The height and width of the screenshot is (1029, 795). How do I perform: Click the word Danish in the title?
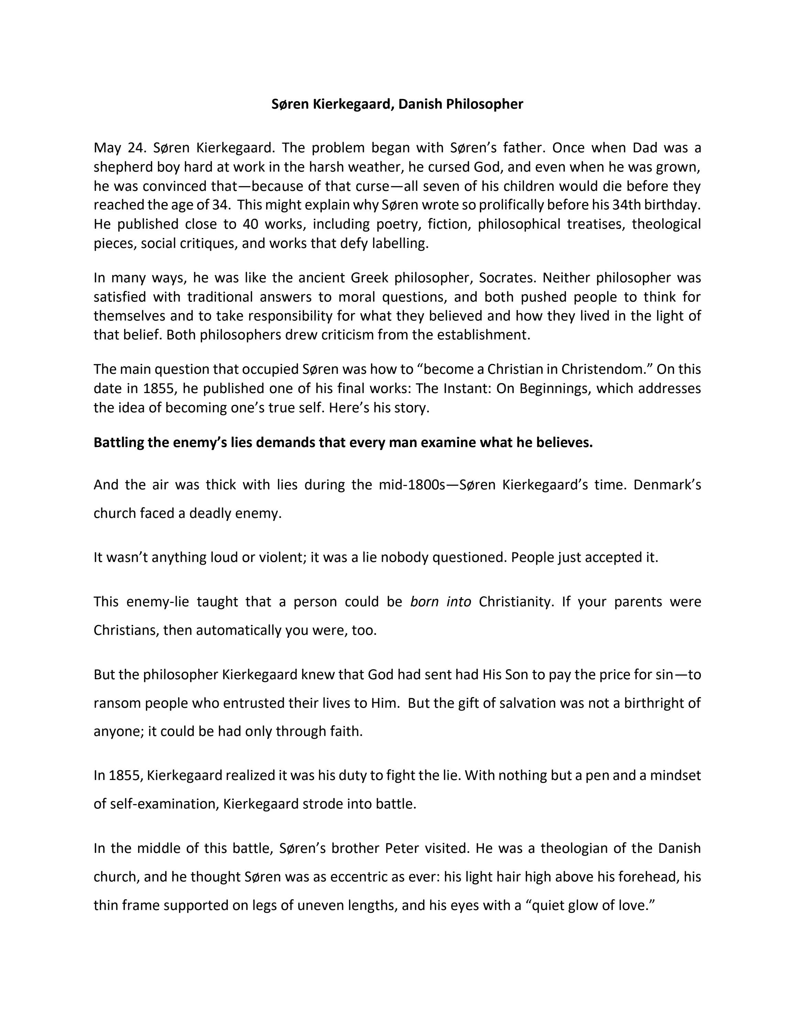(420, 104)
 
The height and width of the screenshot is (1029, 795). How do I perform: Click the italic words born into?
(440, 602)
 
